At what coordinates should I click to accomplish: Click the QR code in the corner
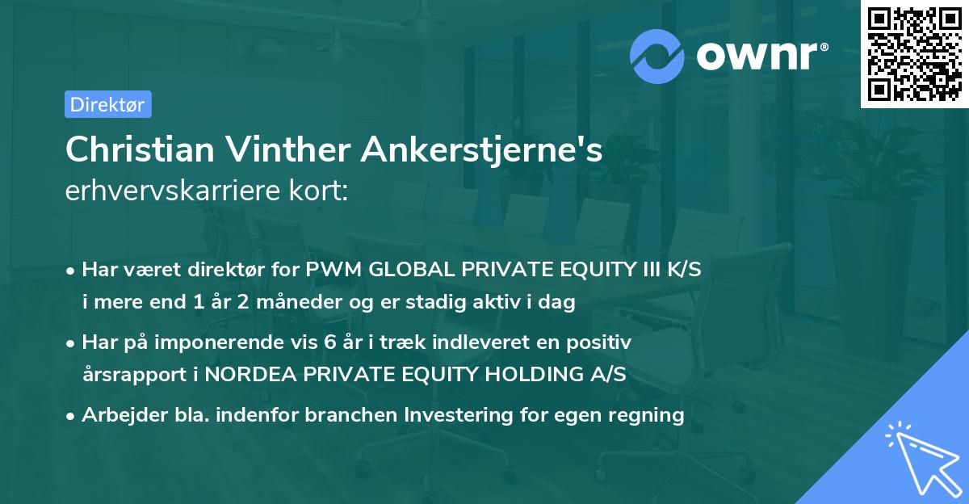pyautogui.click(x=914, y=53)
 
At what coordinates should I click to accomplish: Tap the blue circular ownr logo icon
pyautogui.click(x=657, y=57)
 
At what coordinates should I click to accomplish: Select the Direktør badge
pyautogui.click(x=107, y=104)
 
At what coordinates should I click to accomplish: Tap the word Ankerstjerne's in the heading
pyautogui.click(x=482, y=150)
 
